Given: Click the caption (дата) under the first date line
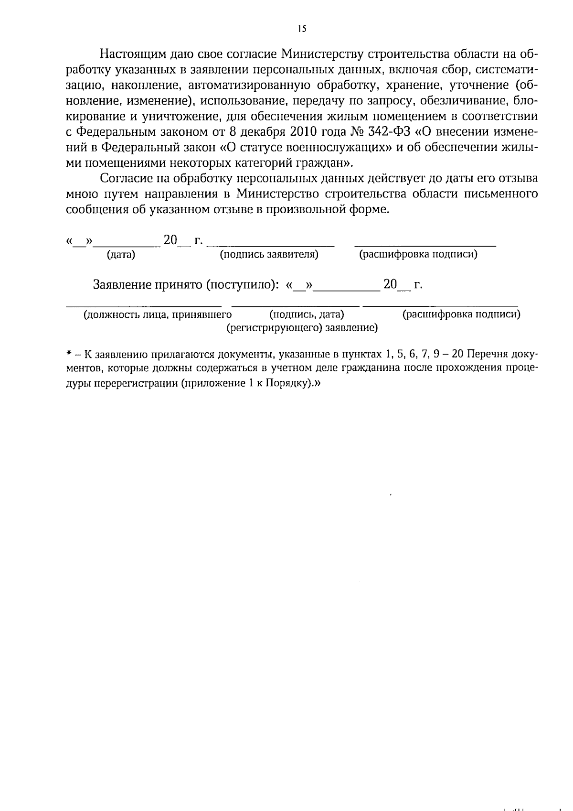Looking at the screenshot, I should tap(121, 255).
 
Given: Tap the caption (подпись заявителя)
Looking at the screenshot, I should tap(269, 255).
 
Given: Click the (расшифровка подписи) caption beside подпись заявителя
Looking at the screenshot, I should tap(418, 255).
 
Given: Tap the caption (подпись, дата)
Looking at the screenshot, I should tap(307, 314).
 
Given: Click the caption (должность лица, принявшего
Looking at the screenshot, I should tap(158, 314).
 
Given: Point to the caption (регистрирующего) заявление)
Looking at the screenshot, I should tap(302, 328).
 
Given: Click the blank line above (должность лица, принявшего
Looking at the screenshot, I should tap(143, 304).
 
